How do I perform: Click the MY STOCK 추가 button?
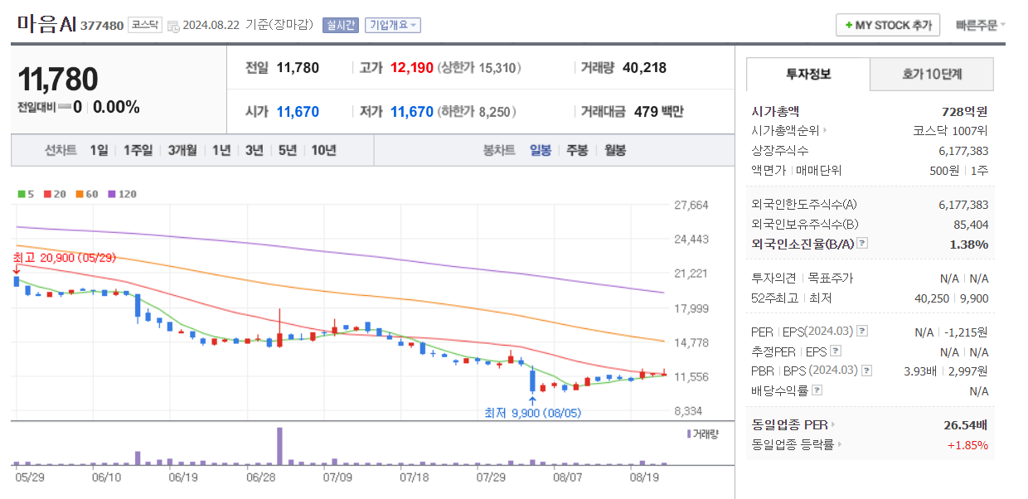click(888, 25)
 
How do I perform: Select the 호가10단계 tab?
click(932, 75)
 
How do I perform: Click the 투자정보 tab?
click(808, 75)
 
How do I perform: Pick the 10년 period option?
click(323, 150)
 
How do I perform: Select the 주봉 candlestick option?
click(577, 150)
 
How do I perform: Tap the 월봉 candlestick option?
click(615, 150)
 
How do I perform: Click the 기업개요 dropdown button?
click(393, 25)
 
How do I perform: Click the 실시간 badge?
click(341, 25)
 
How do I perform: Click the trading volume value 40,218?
click(644, 68)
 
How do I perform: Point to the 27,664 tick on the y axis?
click(691, 206)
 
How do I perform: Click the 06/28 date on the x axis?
click(260, 477)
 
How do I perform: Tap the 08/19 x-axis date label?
click(643, 477)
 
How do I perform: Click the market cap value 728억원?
click(964, 112)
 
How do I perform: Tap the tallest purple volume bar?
click(280, 446)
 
